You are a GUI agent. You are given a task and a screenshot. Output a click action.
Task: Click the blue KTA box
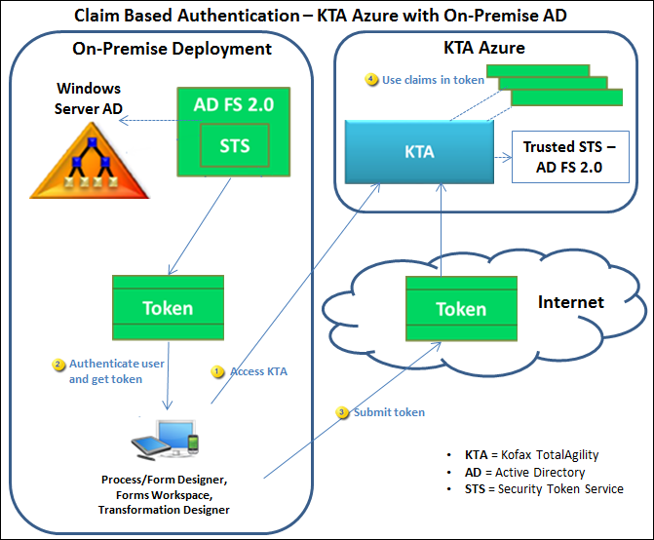[x=420, y=153]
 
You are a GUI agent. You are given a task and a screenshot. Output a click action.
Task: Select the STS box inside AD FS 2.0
[x=235, y=147]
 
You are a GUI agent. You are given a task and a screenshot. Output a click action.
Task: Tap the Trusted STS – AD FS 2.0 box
[x=562, y=157]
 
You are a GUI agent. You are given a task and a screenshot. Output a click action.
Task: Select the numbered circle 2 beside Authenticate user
[x=58, y=364]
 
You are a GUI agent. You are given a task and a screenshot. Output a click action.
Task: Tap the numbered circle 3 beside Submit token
[x=342, y=412]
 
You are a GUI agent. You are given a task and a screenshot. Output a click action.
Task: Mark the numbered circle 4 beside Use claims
[x=371, y=80]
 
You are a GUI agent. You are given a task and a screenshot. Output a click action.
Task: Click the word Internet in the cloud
[x=571, y=302]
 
